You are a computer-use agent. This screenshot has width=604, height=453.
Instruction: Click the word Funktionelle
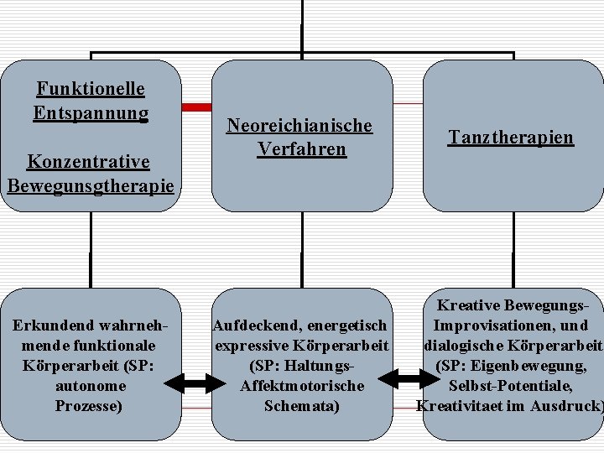[91, 88]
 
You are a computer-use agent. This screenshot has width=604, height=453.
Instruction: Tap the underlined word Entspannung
[91, 112]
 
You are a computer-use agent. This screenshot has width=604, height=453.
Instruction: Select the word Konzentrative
[89, 160]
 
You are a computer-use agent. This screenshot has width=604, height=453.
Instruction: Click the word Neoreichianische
[299, 126]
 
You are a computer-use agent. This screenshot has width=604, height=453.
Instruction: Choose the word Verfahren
[301, 149]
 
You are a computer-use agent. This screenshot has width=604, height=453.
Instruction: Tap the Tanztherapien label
[511, 137]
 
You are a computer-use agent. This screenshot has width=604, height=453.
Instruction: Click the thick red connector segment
[197, 107]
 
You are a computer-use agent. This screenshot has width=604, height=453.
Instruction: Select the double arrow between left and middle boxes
[196, 384]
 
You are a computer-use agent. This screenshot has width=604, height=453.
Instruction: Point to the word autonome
[91, 386]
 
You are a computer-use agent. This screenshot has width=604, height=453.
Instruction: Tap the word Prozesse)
[90, 406]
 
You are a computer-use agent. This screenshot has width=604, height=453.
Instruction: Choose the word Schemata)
[302, 406]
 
